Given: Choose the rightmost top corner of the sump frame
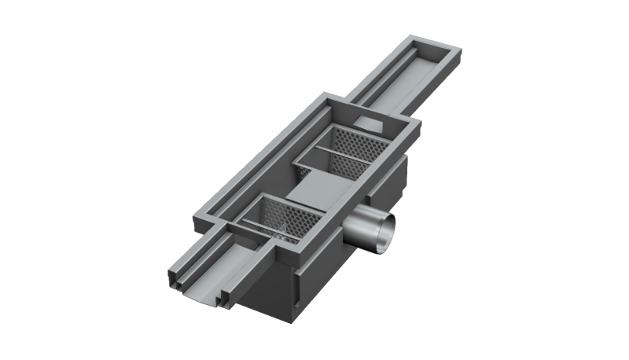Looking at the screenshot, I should (417, 126).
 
